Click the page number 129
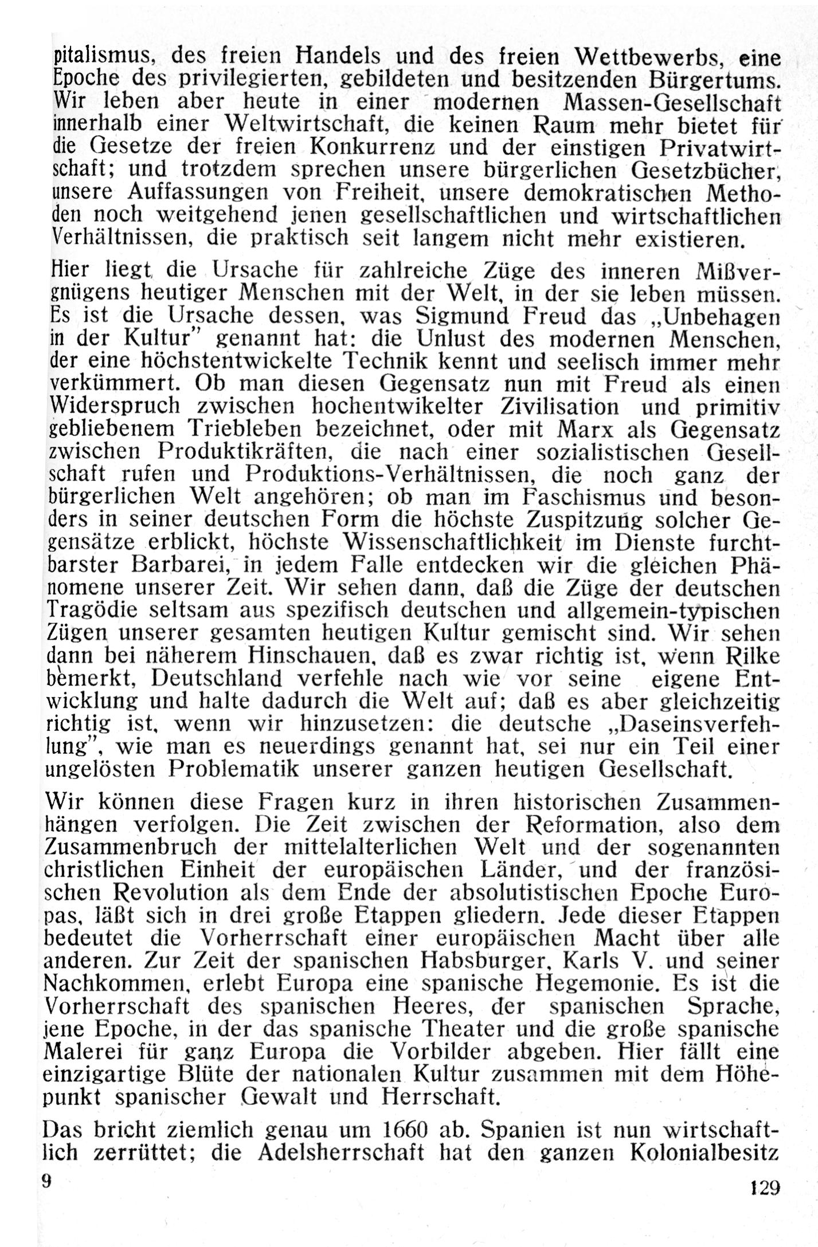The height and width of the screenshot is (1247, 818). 765,1185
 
